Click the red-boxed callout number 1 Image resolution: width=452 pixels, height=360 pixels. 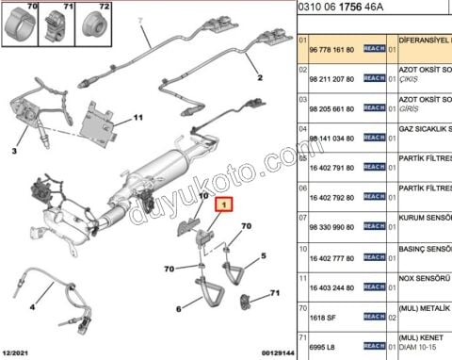click(223, 204)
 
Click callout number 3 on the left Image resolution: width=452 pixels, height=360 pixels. click(14, 151)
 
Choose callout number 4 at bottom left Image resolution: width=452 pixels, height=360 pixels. click(31, 306)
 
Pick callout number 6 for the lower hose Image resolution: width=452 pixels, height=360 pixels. click(178, 308)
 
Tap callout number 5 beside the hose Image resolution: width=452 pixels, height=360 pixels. click(263, 254)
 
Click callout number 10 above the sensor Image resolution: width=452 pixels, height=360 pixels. click(202, 195)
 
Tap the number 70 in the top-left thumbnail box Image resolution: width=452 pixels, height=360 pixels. click(10, 7)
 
